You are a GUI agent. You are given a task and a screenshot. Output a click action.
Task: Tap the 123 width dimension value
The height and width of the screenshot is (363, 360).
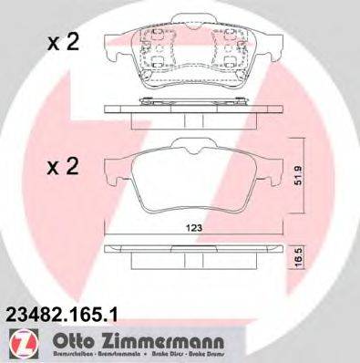(192, 229)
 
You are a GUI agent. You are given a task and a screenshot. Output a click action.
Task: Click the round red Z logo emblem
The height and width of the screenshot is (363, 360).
(19, 344)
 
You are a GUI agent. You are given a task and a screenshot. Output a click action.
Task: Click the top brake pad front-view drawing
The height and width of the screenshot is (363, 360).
(192, 60)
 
